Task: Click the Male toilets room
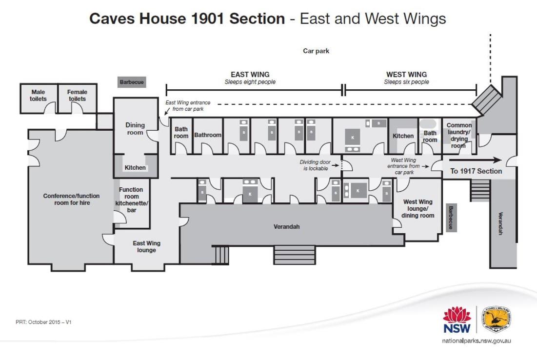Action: [38, 99]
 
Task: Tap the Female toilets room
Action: [77, 99]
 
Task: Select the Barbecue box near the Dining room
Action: [132, 82]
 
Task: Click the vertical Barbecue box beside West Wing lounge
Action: [451, 218]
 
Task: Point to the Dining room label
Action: [135, 129]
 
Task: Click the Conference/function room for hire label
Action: [72, 200]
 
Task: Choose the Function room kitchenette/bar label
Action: [132, 200]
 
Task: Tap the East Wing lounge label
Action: [147, 247]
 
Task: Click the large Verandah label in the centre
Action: [287, 227]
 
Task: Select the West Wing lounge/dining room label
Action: [418, 209]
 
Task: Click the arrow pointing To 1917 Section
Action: [476, 160]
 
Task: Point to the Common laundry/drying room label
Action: [459, 135]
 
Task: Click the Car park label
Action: [316, 51]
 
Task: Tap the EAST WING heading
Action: [250, 74]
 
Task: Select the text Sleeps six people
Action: [406, 82]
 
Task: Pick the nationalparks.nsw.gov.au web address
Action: [477, 341]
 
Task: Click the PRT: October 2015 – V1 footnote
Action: [43, 322]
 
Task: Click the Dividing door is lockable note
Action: [316, 165]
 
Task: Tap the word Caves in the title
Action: [112, 19]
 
